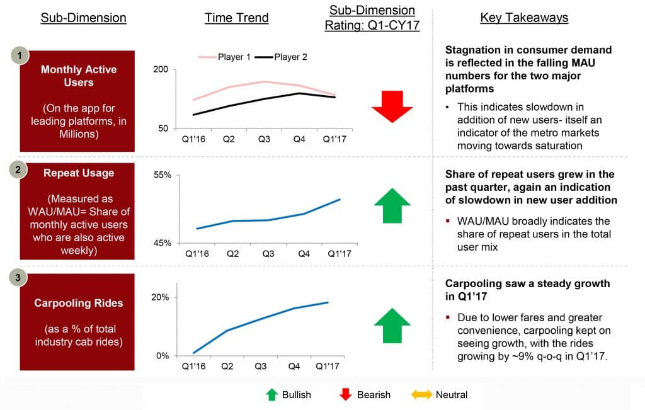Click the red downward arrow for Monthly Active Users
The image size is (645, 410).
pyautogui.click(x=392, y=106)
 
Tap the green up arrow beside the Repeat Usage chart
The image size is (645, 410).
pyautogui.click(x=392, y=205)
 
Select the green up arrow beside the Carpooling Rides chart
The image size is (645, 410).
pyautogui.click(x=392, y=326)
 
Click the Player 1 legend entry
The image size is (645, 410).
pyautogui.click(x=225, y=57)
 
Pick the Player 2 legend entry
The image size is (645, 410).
pyautogui.click(x=282, y=57)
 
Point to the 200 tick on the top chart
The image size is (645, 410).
pyautogui.click(x=161, y=69)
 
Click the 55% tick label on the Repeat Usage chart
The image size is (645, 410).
pyautogui.click(x=162, y=175)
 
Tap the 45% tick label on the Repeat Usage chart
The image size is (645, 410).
pyautogui.click(x=162, y=243)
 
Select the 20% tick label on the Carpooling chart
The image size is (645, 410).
pyautogui.click(x=160, y=297)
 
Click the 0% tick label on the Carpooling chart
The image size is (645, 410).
pyautogui.click(x=163, y=356)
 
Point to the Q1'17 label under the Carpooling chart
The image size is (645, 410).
pyautogui.click(x=328, y=366)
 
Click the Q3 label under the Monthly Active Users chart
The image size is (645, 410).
pyautogui.click(x=264, y=139)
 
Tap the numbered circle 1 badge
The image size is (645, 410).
pyautogui.click(x=20, y=55)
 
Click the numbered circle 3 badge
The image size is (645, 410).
pyautogui.click(x=18, y=278)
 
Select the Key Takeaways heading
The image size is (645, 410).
pyautogui.click(x=524, y=18)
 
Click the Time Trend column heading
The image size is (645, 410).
pyautogui.click(x=237, y=18)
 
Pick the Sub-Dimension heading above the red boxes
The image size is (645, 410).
pyautogui.click(x=84, y=18)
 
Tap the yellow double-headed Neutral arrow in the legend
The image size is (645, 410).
pyautogui.click(x=421, y=395)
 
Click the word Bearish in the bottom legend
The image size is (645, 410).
pyautogui.click(x=374, y=395)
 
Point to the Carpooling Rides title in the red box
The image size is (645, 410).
pyautogui.click(x=79, y=303)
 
